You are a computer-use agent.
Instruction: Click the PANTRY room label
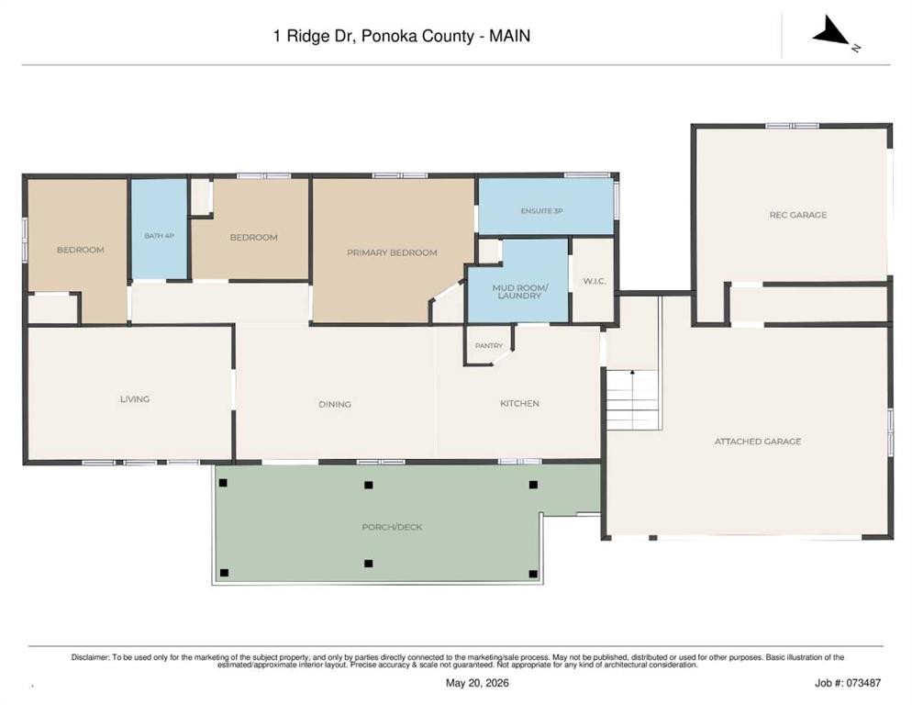(488, 346)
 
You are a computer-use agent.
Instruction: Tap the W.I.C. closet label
(595, 281)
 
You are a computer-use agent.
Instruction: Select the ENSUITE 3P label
(541, 211)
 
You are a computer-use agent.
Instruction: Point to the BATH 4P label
(159, 236)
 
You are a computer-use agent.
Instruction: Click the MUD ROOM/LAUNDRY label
(519, 292)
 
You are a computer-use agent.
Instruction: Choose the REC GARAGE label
(797, 215)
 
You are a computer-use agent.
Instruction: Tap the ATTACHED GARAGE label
(757, 442)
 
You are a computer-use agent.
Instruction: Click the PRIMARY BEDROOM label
(392, 252)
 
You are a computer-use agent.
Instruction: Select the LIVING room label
(135, 398)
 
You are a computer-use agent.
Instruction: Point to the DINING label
(335, 404)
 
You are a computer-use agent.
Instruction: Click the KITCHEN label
(519, 403)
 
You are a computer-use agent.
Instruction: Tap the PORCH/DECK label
(392, 527)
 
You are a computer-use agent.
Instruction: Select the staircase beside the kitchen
(632, 399)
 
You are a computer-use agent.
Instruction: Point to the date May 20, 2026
(477, 683)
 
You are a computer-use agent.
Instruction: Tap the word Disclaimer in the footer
(90, 657)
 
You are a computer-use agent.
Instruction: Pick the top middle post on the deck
(368, 485)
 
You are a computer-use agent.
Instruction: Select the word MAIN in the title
(509, 36)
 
